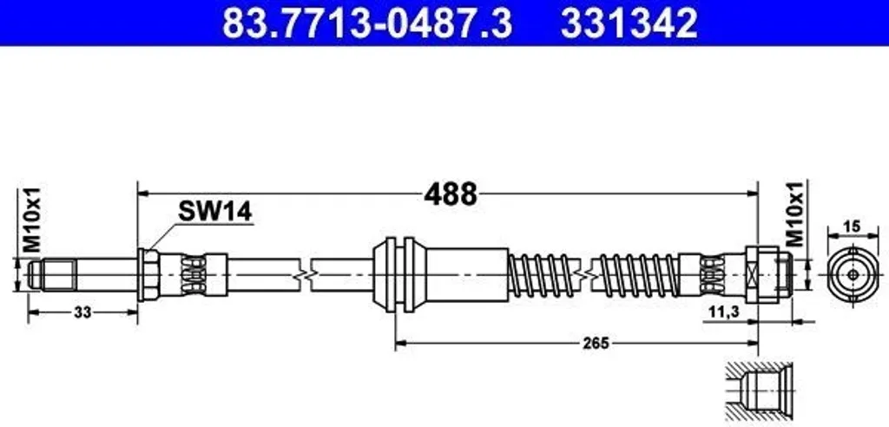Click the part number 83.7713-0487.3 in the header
point(367,23)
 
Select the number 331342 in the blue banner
point(629,23)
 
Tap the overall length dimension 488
point(451,195)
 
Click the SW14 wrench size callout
point(215,212)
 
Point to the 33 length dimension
point(82,312)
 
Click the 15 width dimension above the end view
point(853,227)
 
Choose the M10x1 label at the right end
point(797,214)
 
